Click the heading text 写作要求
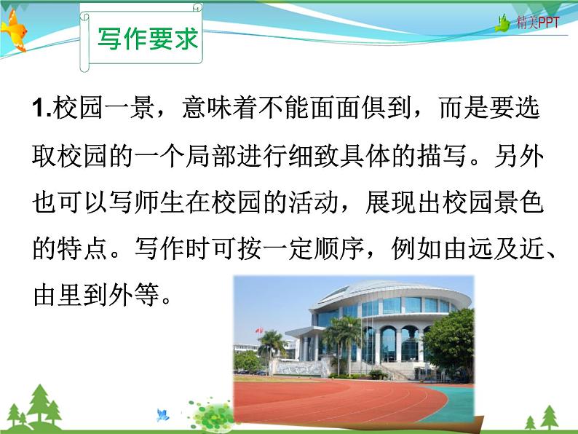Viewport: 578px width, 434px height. coord(147,39)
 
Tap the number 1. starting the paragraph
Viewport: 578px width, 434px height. coord(41,111)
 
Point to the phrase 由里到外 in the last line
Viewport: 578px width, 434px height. coord(83,295)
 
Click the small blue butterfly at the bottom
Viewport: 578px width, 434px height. coord(162,416)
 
